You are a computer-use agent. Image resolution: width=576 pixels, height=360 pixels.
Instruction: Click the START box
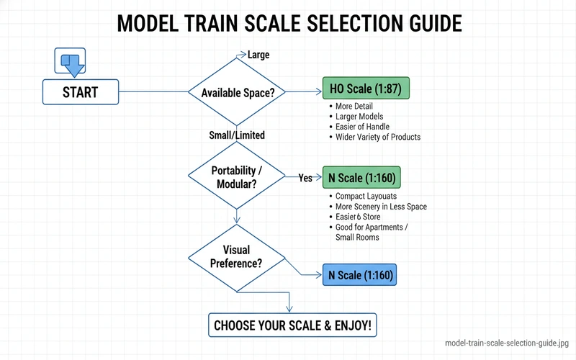tap(80, 92)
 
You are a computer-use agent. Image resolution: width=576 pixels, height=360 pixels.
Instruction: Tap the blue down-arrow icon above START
tap(71, 63)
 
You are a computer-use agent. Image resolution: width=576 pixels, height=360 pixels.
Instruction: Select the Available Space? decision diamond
tap(237, 92)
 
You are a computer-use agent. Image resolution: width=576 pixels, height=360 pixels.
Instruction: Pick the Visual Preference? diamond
tap(236, 256)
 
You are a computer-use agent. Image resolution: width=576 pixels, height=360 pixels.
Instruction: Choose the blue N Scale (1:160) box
tap(361, 275)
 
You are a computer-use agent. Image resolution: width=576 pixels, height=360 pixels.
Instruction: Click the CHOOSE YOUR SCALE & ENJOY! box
tap(292, 325)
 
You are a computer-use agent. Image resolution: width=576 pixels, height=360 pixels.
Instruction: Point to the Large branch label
tap(258, 55)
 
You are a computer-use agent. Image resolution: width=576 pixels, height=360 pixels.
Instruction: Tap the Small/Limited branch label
tap(237, 135)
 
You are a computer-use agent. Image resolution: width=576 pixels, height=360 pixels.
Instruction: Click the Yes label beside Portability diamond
tap(305, 178)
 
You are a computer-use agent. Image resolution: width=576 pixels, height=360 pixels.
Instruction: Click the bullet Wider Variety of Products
tap(377, 137)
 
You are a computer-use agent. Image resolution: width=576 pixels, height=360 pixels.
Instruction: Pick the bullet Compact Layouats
tap(366, 197)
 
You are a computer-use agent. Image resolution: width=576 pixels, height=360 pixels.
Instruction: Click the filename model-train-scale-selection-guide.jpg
tap(508, 344)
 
